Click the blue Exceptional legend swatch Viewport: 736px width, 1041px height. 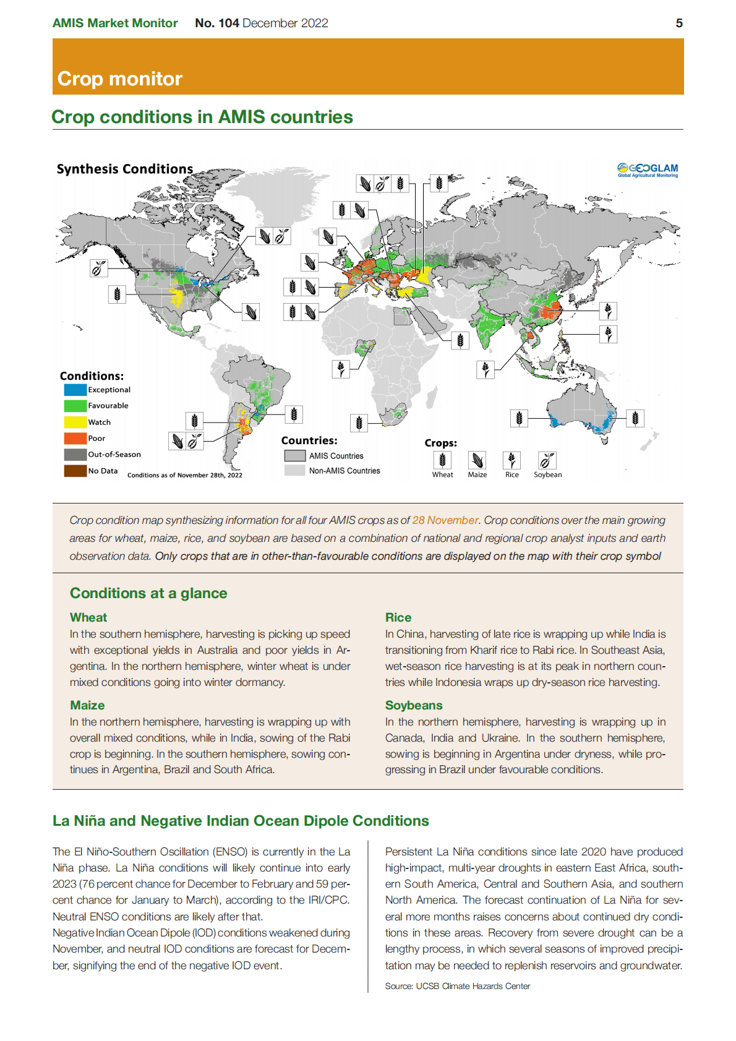tap(75, 390)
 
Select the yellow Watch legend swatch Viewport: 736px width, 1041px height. tap(75, 422)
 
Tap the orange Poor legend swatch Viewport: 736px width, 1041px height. tap(75, 439)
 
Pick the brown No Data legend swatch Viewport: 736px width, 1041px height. tap(75, 471)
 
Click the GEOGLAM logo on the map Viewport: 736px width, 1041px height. tap(648, 169)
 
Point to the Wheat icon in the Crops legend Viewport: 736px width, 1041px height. tap(442, 460)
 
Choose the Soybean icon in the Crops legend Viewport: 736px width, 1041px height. tap(547, 460)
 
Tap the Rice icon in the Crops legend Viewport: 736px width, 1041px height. tap(511, 460)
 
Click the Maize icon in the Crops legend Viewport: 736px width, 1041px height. tap(477, 460)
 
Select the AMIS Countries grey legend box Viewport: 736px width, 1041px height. tap(295, 456)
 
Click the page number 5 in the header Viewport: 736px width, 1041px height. tap(679, 24)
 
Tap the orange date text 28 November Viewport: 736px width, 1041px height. tap(445, 520)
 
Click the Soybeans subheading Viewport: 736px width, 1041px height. tap(414, 705)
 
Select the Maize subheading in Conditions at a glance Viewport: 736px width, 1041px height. tap(87, 705)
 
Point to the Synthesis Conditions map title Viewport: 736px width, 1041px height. tap(125, 169)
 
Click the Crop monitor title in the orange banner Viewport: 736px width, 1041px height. tap(120, 79)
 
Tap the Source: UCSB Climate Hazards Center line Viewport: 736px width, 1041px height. tap(458, 986)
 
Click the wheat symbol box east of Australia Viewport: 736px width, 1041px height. tap(635, 418)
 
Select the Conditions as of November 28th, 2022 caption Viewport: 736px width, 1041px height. tap(185, 475)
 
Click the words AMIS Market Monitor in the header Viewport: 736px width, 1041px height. tap(115, 24)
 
